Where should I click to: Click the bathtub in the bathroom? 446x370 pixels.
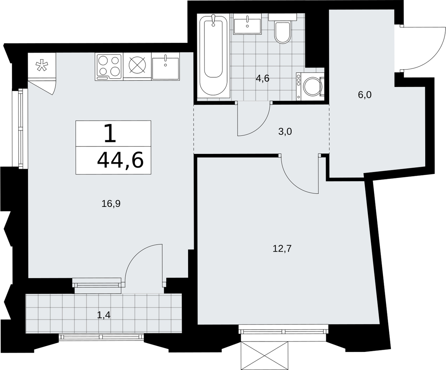(213, 55)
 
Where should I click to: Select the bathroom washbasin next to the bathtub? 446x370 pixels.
(247, 26)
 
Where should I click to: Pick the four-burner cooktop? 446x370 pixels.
(109, 67)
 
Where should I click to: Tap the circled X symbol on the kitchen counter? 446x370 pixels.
(137, 65)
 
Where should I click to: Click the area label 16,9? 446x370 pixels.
(111, 204)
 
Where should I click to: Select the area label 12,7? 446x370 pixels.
(282, 249)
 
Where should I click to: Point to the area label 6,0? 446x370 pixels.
(365, 95)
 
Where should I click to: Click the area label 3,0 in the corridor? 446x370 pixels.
(285, 132)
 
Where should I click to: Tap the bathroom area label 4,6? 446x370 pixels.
(263, 78)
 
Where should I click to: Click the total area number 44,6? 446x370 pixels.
(120, 161)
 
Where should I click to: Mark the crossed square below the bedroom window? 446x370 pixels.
(264, 356)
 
